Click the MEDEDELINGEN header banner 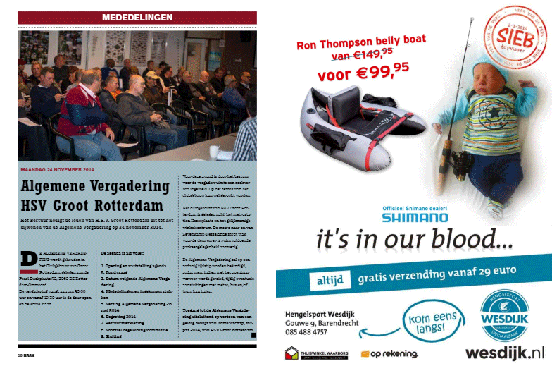pos(138,16)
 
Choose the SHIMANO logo pos(415,218)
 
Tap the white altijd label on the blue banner pos(325,281)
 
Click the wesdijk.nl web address pos(505,352)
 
